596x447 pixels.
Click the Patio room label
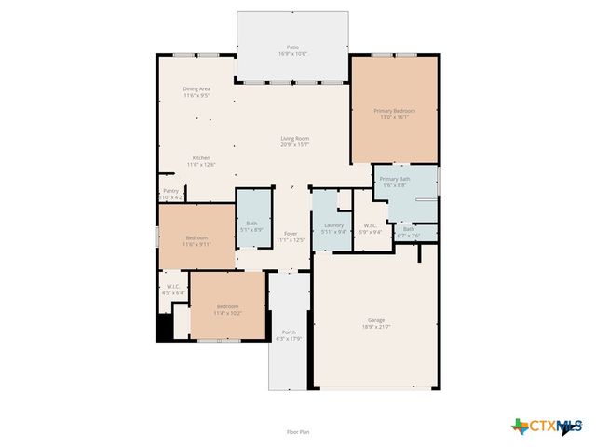click(292, 47)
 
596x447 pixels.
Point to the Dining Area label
click(196, 91)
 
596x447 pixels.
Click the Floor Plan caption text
click(298, 432)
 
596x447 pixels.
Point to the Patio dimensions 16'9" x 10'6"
click(292, 53)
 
